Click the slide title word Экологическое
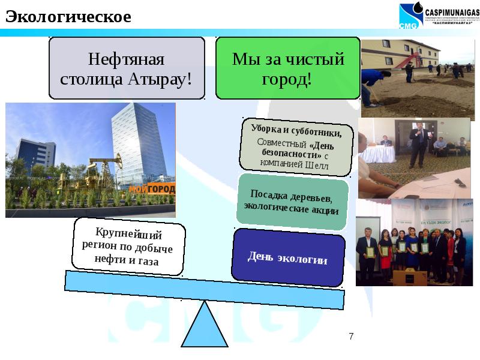click(x=68, y=17)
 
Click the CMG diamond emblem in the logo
click(x=410, y=16)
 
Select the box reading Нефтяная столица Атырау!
click(x=127, y=69)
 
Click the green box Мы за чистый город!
click(x=287, y=69)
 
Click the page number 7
click(x=351, y=337)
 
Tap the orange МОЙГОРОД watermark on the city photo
click(x=152, y=190)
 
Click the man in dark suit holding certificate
click(x=366, y=252)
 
